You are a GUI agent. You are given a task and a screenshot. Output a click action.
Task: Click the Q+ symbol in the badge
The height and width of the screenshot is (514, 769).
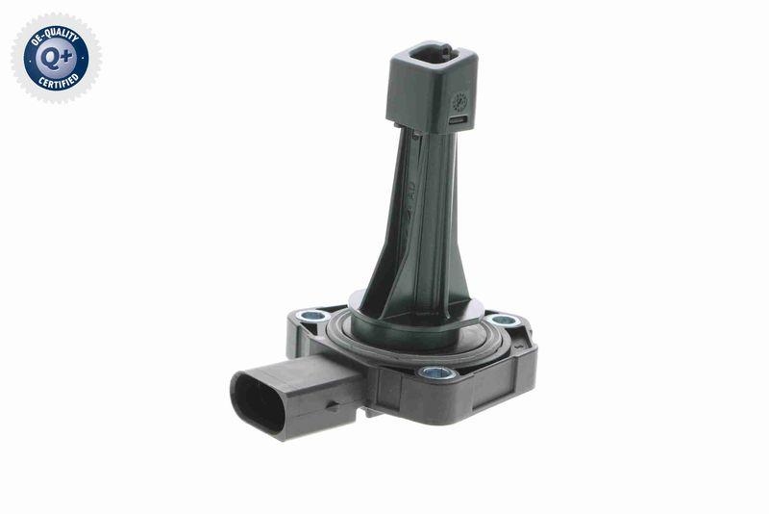pos(56,58)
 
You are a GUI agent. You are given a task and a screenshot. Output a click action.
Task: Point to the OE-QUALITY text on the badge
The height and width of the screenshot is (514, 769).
pos(56,29)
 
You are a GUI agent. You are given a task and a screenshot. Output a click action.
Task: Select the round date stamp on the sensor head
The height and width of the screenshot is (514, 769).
pos(459,99)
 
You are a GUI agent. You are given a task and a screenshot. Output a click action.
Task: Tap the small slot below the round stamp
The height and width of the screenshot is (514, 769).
pos(459,119)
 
